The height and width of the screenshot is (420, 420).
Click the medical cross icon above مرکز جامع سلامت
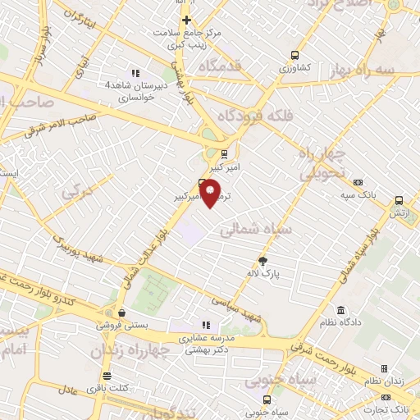tap(187, 20)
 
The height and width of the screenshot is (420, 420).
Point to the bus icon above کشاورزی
tap(294, 56)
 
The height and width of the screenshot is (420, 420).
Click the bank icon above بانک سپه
tap(357, 182)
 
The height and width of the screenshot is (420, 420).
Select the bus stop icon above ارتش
tap(399, 200)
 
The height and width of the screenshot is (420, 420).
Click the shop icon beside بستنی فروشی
tap(121, 313)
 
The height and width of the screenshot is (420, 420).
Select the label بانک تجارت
tap(391, 409)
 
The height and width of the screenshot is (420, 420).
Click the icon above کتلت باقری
tap(107, 375)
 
